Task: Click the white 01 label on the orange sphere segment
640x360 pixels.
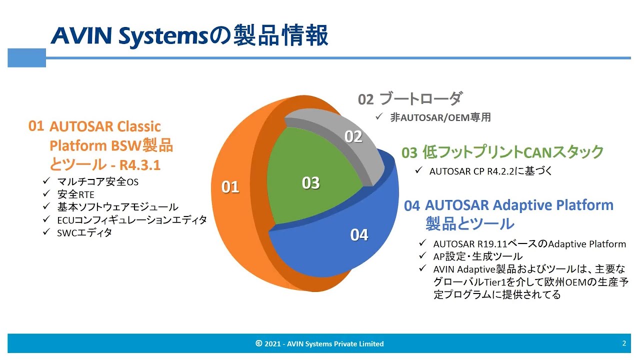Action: (x=230, y=187)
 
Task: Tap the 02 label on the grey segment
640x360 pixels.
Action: (x=353, y=136)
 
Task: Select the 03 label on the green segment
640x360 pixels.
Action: (x=310, y=183)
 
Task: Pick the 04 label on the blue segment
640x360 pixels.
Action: (x=359, y=234)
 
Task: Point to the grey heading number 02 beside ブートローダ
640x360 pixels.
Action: (x=365, y=99)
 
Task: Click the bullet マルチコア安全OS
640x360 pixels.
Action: (x=97, y=182)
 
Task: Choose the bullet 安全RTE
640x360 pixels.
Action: (x=75, y=194)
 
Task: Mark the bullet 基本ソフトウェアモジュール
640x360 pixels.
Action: (x=117, y=207)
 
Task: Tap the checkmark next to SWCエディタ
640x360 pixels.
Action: (x=46, y=232)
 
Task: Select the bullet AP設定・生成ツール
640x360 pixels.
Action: (x=478, y=256)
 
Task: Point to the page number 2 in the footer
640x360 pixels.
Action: (x=624, y=343)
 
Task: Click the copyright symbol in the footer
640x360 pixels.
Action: (x=258, y=343)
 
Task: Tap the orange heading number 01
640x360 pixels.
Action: (x=36, y=126)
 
